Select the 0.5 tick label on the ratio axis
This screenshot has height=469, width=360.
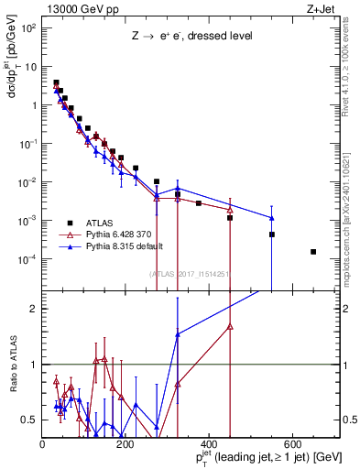point(31,420)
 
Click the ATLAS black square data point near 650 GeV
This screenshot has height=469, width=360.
point(313,252)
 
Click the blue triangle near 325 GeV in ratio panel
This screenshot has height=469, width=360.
point(178,334)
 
